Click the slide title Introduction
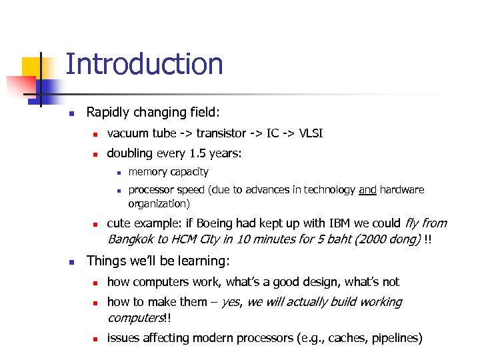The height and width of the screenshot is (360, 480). [144, 65]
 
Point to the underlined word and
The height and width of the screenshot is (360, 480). [367, 190]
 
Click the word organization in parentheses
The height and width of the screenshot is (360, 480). [157, 203]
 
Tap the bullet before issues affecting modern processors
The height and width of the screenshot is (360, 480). [95, 339]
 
